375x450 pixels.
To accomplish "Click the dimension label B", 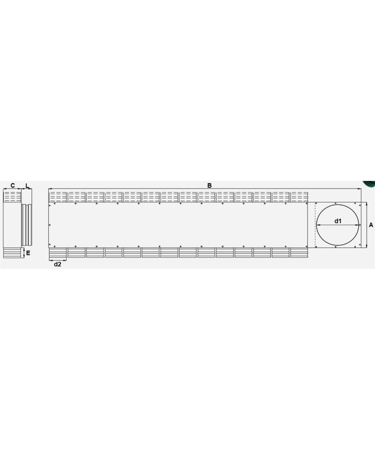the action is pyautogui.click(x=210, y=186).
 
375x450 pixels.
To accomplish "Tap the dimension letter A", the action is pyautogui.click(x=371, y=225).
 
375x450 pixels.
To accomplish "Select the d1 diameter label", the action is pyautogui.click(x=338, y=221).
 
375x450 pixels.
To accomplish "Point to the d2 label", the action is pyautogui.click(x=58, y=264).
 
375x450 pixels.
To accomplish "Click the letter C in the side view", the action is pyautogui.click(x=13, y=186).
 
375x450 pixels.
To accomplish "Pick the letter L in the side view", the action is pyautogui.click(x=27, y=186).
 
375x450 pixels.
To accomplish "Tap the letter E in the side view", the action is pyautogui.click(x=28, y=253).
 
